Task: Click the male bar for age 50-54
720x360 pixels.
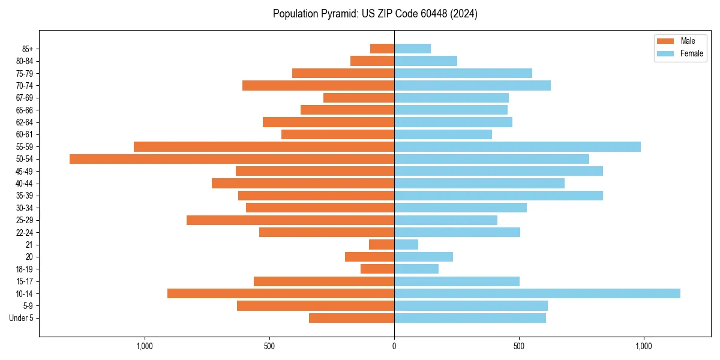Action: click(232, 159)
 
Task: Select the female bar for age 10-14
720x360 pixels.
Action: click(537, 293)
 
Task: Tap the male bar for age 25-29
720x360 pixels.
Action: click(290, 220)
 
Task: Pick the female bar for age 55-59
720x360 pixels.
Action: click(517, 146)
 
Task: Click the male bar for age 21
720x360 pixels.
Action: click(382, 245)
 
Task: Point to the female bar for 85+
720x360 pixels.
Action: click(412, 49)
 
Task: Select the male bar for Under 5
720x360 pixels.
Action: click(352, 318)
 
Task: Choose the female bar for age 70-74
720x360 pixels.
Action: click(472, 85)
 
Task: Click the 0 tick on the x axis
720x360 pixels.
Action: click(394, 346)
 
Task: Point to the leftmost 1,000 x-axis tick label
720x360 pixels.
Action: click(145, 346)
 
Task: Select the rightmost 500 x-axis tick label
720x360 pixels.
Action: click(519, 346)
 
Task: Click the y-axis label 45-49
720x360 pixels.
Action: click(25, 171)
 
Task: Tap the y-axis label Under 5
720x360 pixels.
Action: click(21, 318)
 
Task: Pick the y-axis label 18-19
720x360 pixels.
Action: click(25, 269)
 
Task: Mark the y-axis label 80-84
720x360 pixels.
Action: click(25, 61)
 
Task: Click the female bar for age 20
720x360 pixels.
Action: click(424, 257)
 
